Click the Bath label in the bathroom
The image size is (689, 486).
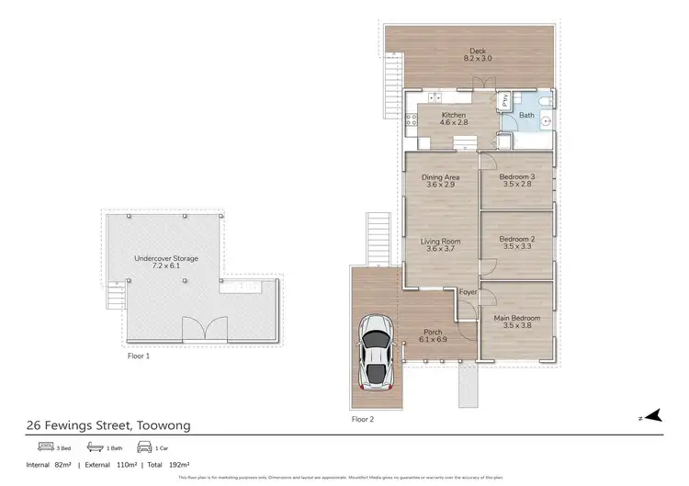coord(525,116)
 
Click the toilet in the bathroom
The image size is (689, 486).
coord(543,100)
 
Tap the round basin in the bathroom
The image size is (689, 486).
coord(546,119)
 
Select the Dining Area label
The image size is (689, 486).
coord(440,180)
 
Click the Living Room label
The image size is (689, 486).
coord(440,244)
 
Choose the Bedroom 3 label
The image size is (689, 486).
coord(516,180)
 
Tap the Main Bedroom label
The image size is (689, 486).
coord(516,321)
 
